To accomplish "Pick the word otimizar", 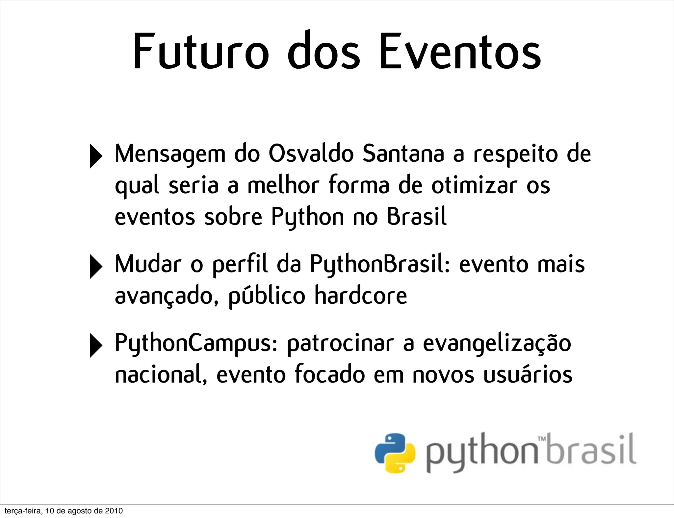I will click(474, 186).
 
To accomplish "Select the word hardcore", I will click(361, 296).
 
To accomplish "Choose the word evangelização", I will click(497, 344).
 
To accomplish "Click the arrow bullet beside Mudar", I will click(95, 267).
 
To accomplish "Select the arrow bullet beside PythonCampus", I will click(95, 345).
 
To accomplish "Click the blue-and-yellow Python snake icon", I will click(395, 453).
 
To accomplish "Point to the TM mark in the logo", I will click(541, 439).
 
